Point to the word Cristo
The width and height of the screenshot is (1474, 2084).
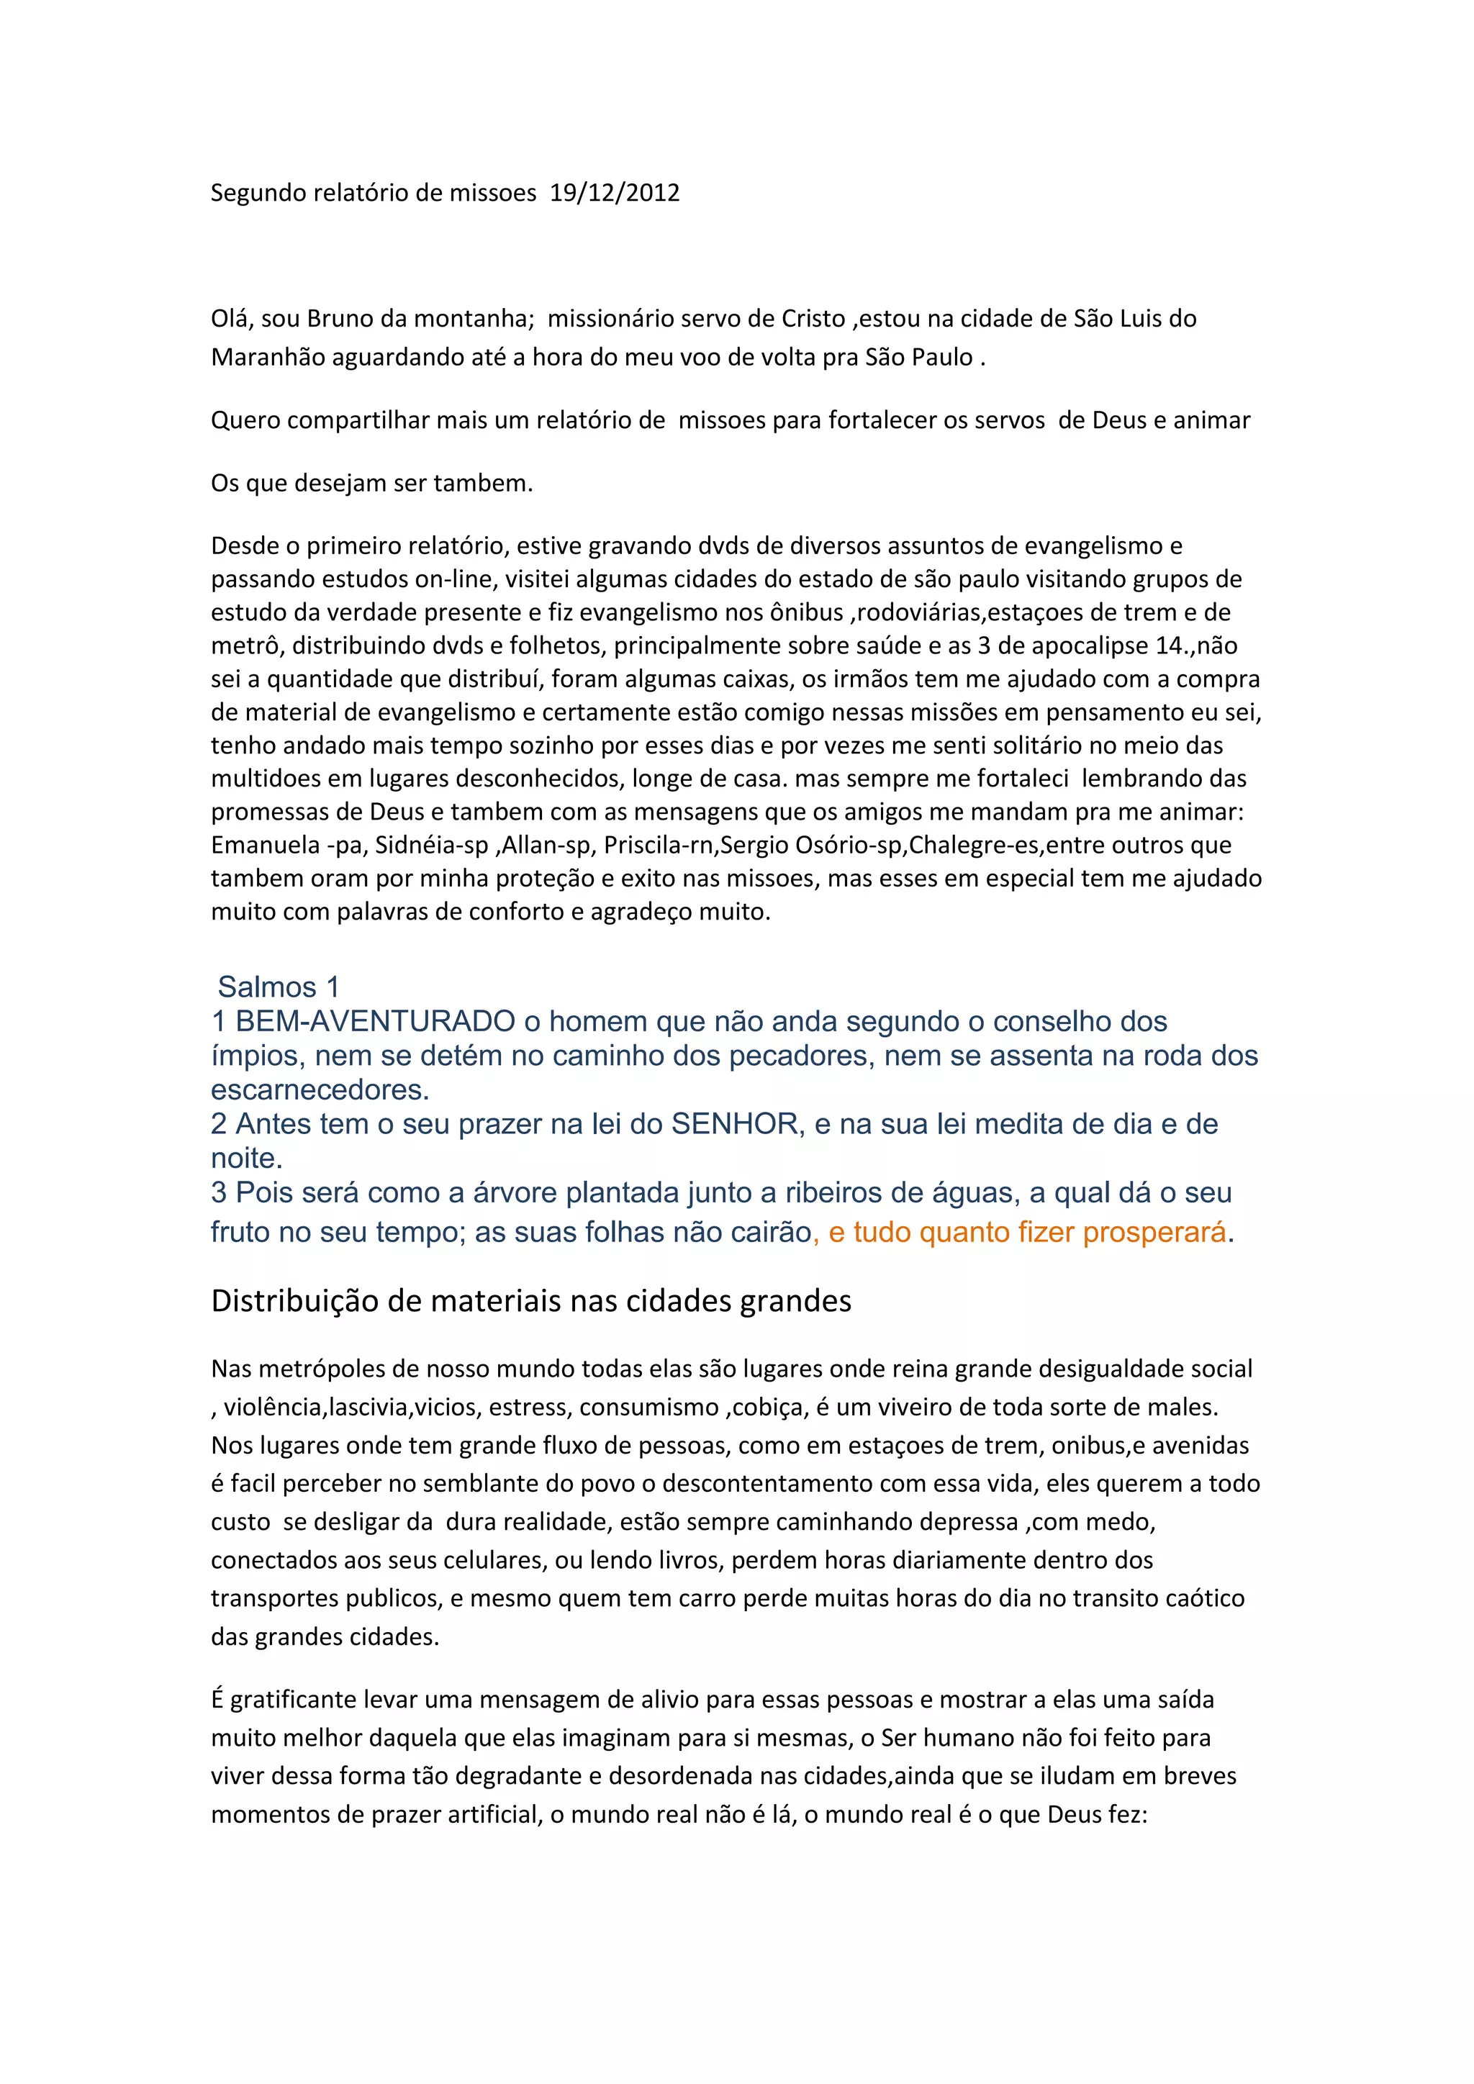pyautogui.click(x=813, y=319)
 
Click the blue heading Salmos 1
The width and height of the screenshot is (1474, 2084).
pyautogui.click(x=278, y=987)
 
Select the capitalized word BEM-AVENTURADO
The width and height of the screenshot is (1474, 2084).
pyautogui.click(x=376, y=1021)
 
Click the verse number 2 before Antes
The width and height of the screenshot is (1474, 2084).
pyautogui.click(x=219, y=1124)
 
